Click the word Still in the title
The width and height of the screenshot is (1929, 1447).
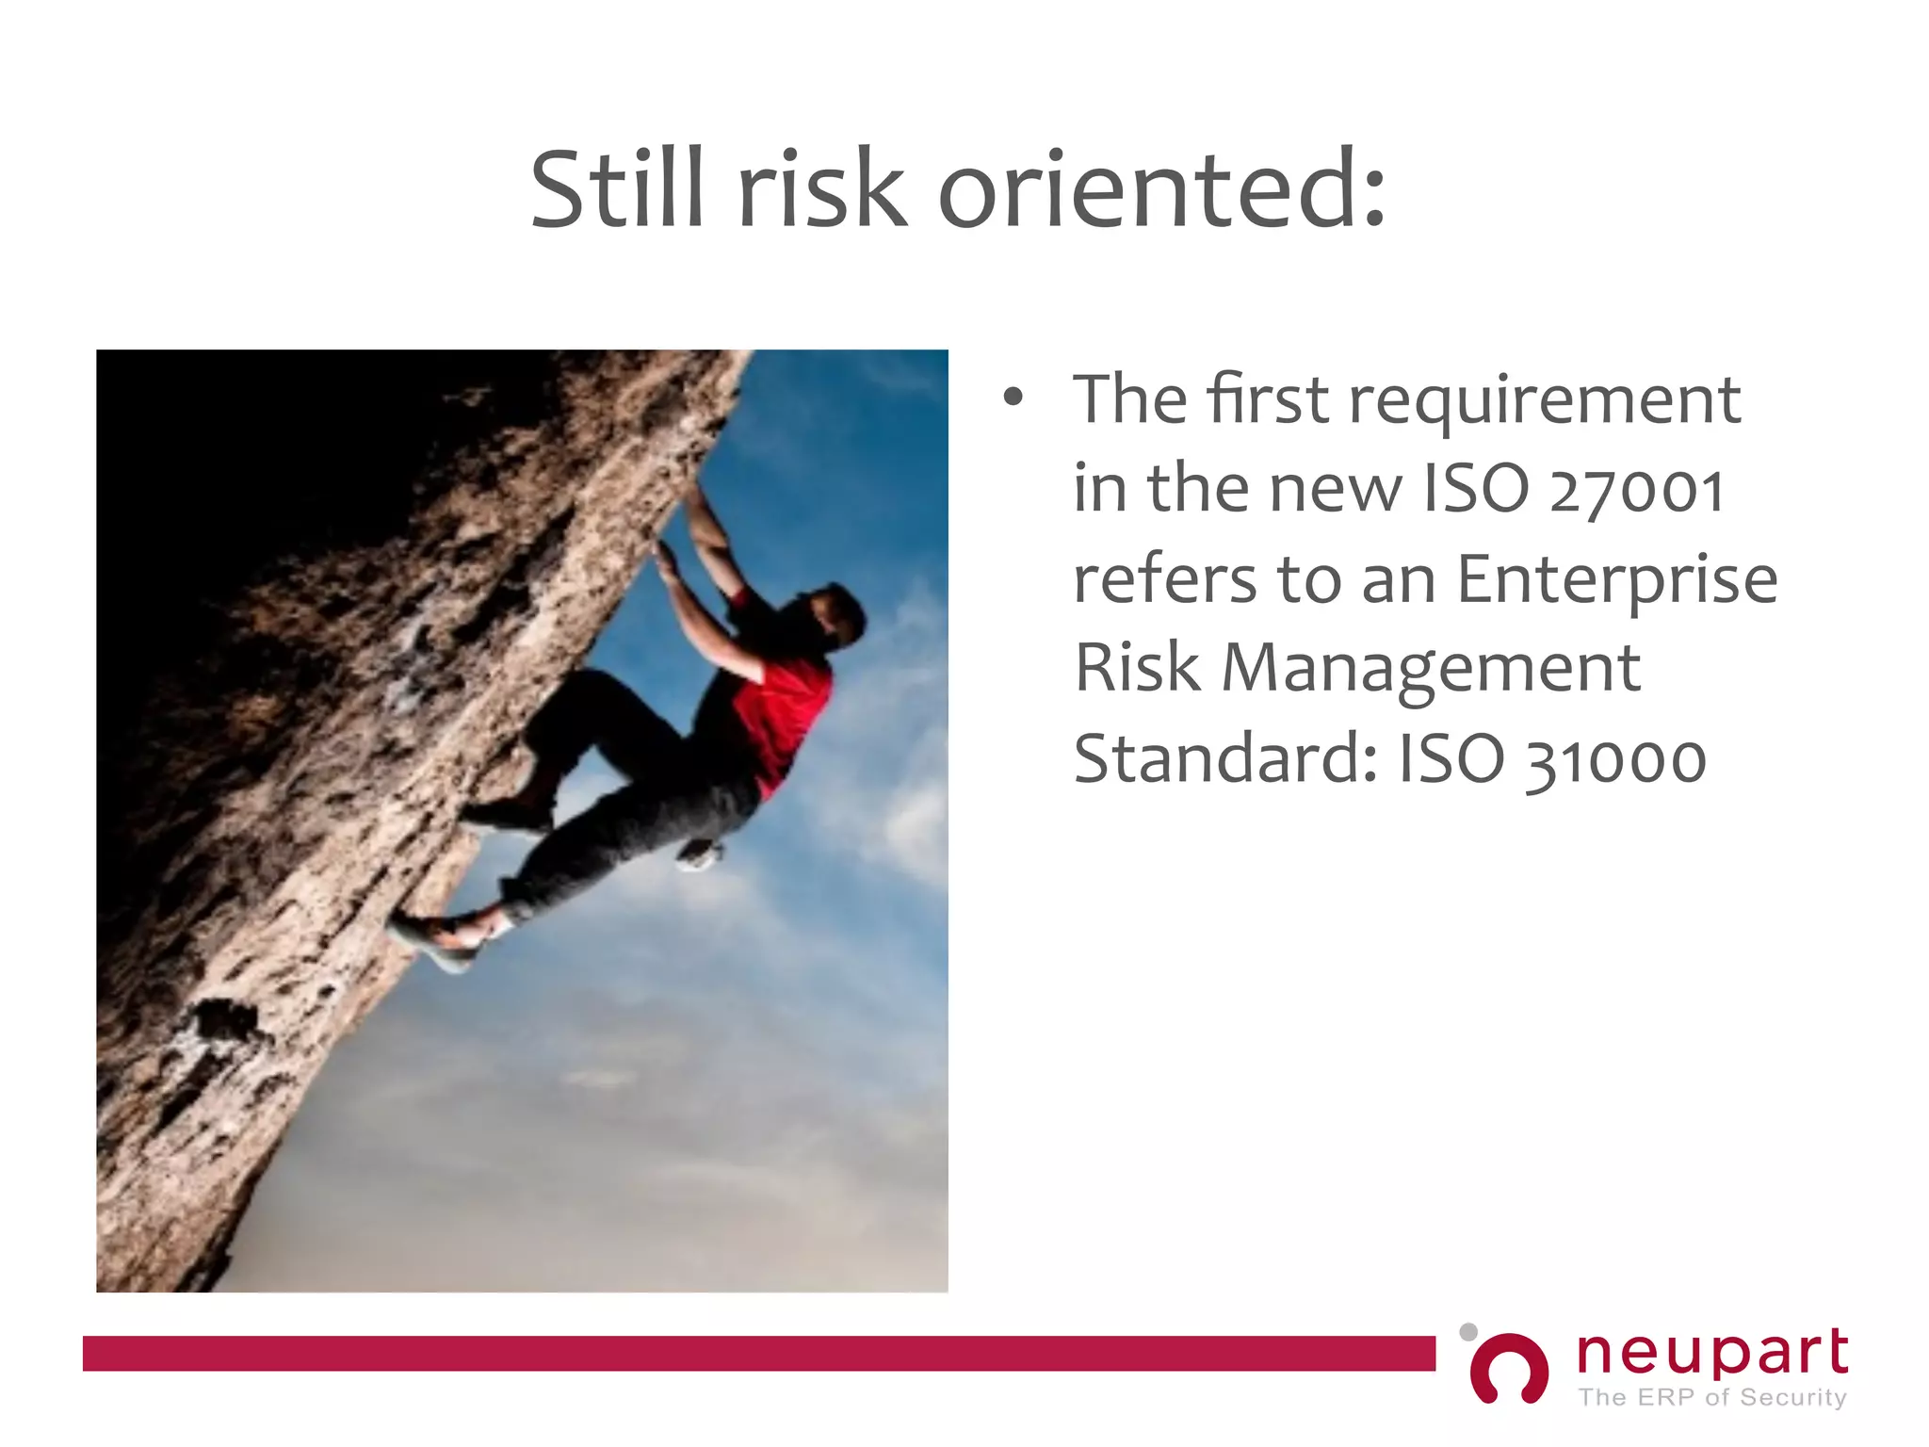tap(617, 190)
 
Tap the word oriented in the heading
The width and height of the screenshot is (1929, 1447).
tap(1161, 190)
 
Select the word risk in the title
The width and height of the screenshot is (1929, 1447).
tap(821, 190)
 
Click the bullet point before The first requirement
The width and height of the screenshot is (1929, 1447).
tap(1013, 398)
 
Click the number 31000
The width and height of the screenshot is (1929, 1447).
tap(1616, 759)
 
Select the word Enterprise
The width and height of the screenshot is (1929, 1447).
tap(1617, 580)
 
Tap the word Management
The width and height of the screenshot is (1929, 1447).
tap(1431, 668)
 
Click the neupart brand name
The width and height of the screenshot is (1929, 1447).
tap(1711, 1353)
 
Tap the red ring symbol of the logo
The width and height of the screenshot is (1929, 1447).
tap(1509, 1369)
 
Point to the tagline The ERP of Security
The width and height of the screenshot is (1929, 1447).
tap(1711, 1397)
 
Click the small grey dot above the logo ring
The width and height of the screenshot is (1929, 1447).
tap(1467, 1332)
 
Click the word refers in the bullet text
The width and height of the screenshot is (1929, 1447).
tap(1164, 578)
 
